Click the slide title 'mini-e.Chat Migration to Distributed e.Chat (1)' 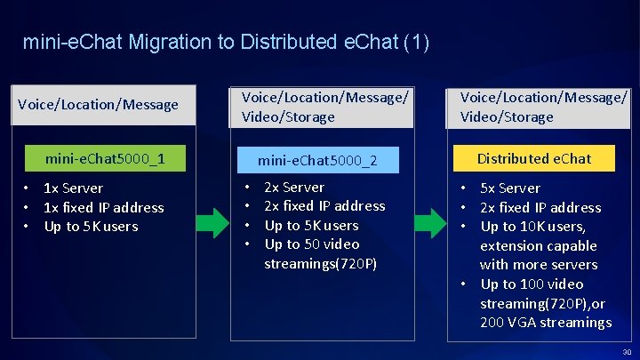pyautogui.click(x=226, y=42)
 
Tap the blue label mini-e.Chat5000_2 pyautogui.click(x=317, y=161)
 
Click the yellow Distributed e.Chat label pyautogui.click(x=533, y=159)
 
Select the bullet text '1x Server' pyautogui.click(x=73, y=188)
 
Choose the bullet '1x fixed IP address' pyautogui.click(x=103, y=207)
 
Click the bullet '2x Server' pyautogui.click(x=294, y=188)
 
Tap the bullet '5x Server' pyautogui.click(x=510, y=188)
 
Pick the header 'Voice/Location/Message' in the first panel pyautogui.click(x=98, y=105)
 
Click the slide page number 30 pyautogui.click(x=627, y=351)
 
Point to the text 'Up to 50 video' pyautogui.click(x=312, y=244)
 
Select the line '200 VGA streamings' pyautogui.click(x=546, y=322)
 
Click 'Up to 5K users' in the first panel pyautogui.click(x=91, y=227)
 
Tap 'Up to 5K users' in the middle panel pyautogui.click(x=311, y=226)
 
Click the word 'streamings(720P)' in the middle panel pyautogui.click(x=320, y=264)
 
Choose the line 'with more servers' pyautogui.click(x=538, y=265)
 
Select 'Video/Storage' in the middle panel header pyautogui.click(x=282, y=117)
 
